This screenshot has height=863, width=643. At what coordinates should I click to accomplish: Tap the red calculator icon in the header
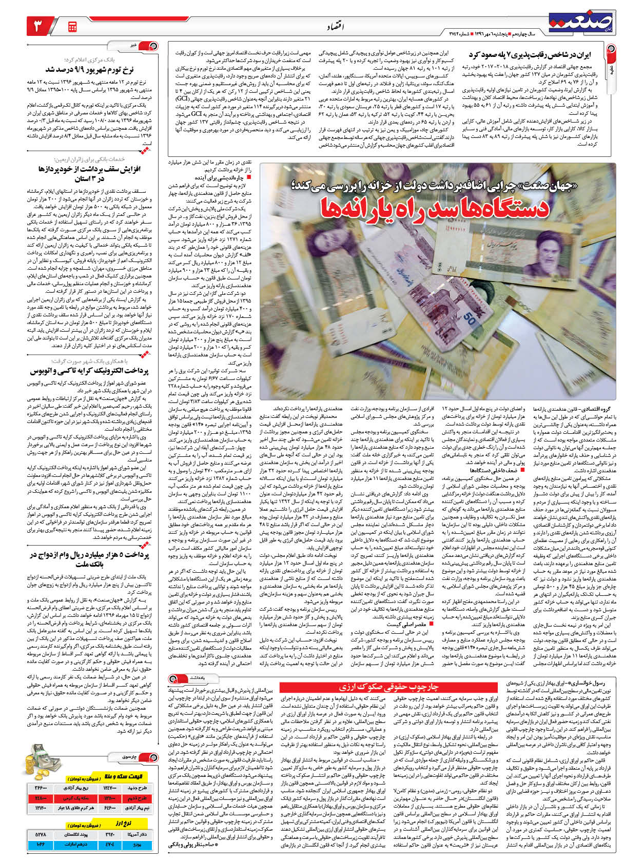point(72,26)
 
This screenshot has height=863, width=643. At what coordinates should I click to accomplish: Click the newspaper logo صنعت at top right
point(580,22)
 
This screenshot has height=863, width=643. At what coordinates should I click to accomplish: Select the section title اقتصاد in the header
point(336,26)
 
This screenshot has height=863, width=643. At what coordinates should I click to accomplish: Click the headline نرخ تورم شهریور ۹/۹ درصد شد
point(89,70)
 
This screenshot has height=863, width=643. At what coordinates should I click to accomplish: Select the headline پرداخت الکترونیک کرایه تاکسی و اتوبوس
point(89,370)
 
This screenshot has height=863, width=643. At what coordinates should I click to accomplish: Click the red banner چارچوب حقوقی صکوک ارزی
point(391,686)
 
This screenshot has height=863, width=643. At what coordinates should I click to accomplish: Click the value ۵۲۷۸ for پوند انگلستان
point(41,835)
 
